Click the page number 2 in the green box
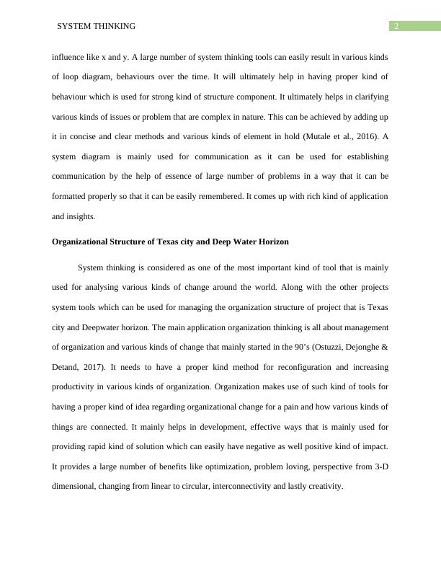tap(396, 27)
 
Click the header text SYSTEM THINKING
tap(96, 27)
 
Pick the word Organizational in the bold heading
tap(79, 242)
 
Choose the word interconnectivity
tap(248, 487)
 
